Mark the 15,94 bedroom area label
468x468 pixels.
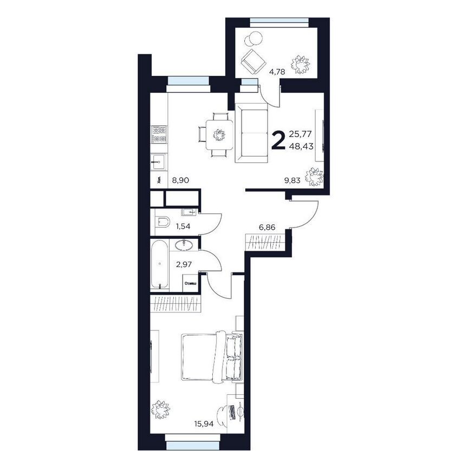tap(203, 424)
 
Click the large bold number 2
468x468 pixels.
tap(278, 140)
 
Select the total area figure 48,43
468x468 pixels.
tap(302, 146)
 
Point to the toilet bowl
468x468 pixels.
tap(162, 222)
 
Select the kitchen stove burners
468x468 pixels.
tap(159, 134)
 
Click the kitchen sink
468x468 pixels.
tap(159, 161)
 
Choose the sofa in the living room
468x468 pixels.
tap(253, 134)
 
